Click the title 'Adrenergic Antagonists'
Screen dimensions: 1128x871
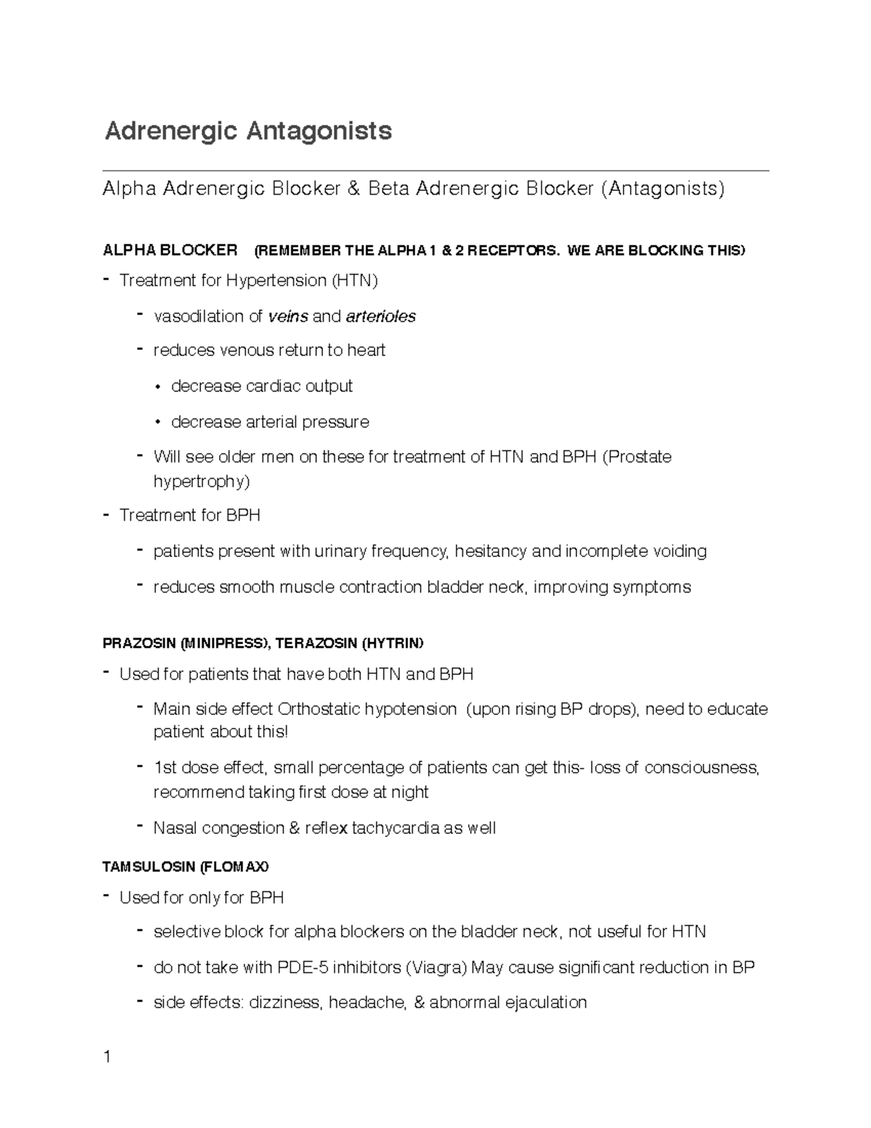248,131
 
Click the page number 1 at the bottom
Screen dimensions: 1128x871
107,1057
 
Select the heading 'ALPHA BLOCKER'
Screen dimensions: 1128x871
171,251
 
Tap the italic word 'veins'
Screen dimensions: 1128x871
288,317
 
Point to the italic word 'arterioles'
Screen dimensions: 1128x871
381,317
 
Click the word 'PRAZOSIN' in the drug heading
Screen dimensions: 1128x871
140,644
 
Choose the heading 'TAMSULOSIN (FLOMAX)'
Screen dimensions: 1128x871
186,867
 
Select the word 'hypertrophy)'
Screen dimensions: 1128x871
201,482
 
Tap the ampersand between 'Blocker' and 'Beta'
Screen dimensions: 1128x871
353,190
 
